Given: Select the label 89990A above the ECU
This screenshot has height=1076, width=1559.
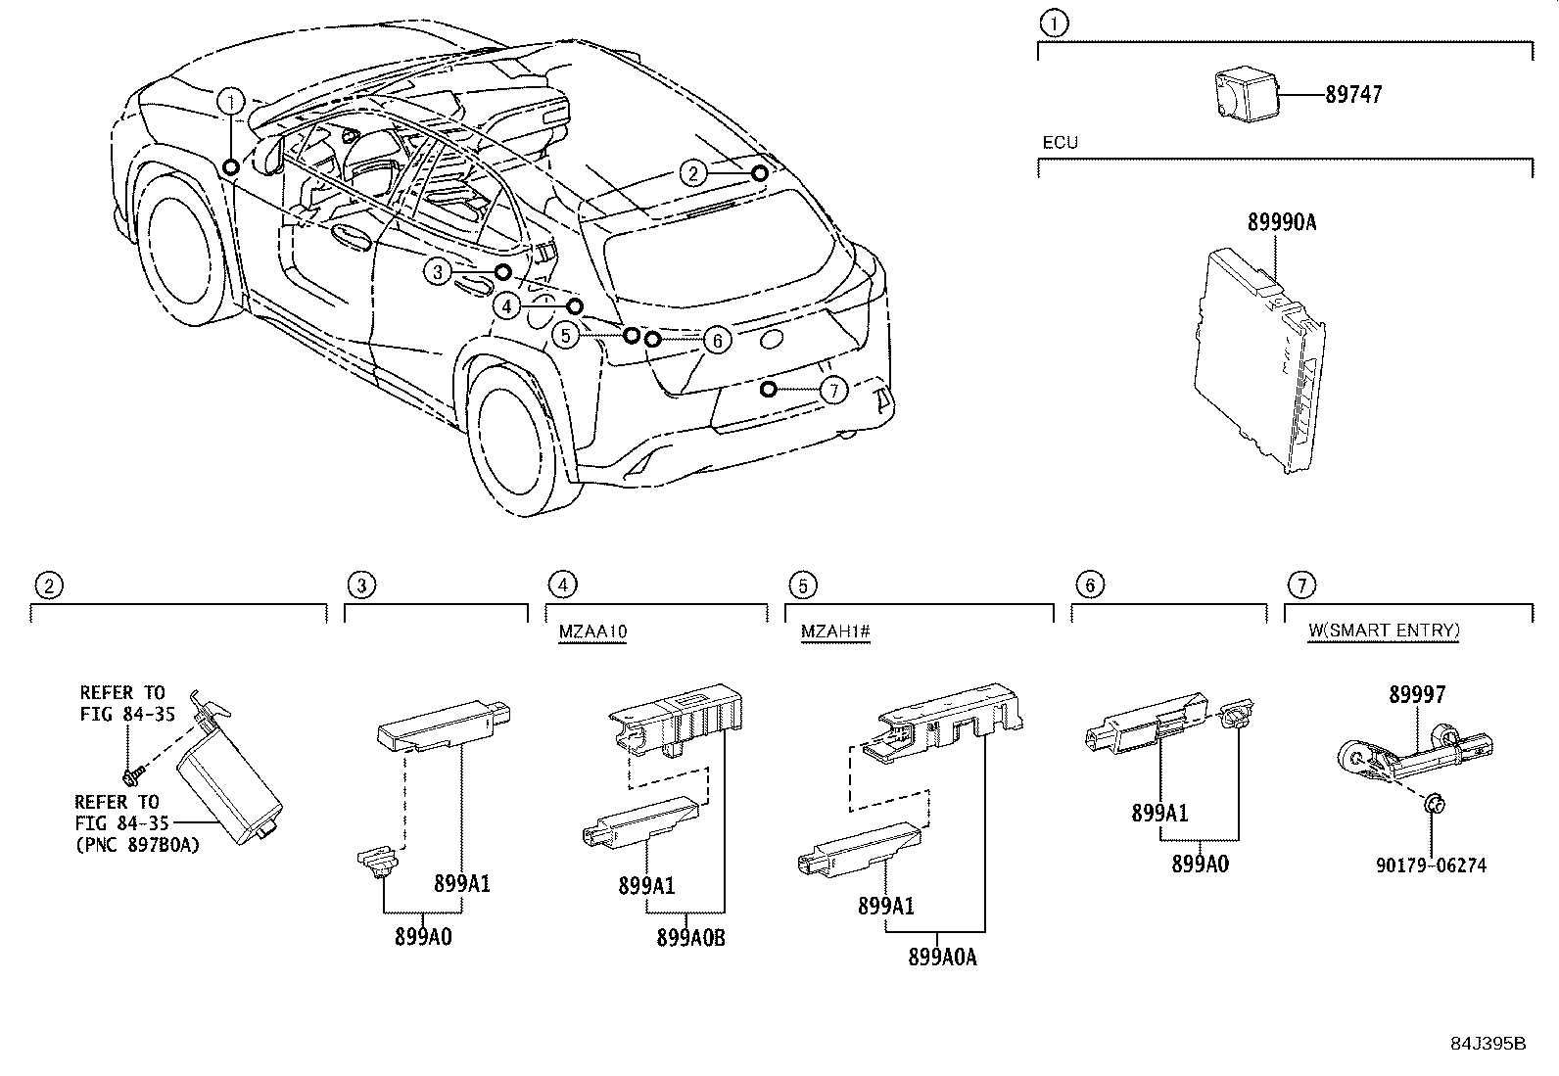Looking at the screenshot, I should [1281, 223].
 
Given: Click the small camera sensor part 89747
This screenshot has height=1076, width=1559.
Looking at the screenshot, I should [1241, 95].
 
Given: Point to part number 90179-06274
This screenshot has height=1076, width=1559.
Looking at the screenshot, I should [1430, 865].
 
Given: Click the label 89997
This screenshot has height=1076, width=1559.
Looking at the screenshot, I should [1416, 695].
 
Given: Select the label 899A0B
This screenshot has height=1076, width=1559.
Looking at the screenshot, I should [690, 937].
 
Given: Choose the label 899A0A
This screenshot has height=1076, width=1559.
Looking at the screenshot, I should [942, 958].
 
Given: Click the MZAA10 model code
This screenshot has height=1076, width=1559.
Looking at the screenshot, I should [592, 632].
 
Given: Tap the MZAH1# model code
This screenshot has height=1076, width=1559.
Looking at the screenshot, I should [835, 632].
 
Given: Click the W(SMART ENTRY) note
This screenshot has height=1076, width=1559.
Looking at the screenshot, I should [1383, 631].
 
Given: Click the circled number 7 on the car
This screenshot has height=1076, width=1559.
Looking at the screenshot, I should [832, 391].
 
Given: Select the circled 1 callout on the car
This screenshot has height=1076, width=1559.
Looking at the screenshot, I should [231, 101].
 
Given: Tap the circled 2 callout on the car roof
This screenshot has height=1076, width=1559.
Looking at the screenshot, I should [693, 174].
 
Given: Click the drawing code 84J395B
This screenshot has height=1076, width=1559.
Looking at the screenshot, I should [1488, 1044].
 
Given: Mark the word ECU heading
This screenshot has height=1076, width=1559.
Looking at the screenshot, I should [1059, 143].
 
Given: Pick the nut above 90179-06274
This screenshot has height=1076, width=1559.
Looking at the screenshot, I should [1433, 804].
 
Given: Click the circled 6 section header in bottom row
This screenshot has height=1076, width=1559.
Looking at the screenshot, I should [1089, 585].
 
